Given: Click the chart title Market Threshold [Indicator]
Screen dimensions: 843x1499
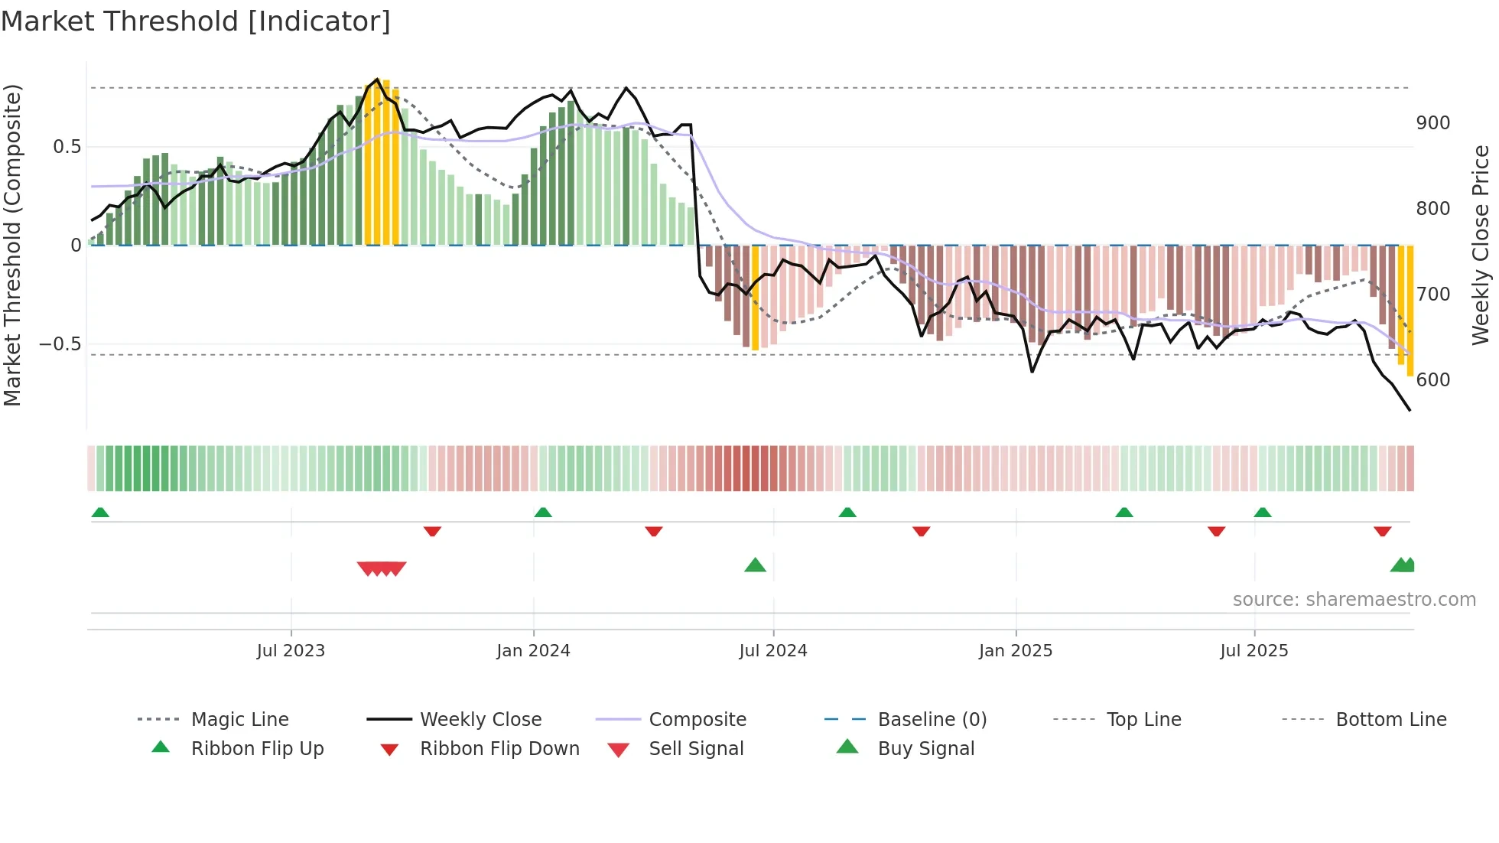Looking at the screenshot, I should (196, 21).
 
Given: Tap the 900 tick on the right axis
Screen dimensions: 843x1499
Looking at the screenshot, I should (1432, 123).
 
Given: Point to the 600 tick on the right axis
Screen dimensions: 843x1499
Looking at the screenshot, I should (1432, 380).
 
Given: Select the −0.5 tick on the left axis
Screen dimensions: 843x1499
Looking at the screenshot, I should (60, 344).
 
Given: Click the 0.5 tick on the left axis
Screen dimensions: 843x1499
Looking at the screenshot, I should (67, 147).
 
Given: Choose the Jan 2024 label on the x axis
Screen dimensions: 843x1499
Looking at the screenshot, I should (533, 651).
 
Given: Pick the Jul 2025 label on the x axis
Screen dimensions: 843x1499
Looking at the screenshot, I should (1254, 651).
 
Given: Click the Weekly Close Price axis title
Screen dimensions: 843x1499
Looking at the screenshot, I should (1481, 245).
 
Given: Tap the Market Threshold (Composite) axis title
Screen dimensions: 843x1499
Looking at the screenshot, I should (12, 245).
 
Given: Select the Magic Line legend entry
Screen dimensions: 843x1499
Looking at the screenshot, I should (239, 720).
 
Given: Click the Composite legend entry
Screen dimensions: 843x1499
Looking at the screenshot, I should (697, 720).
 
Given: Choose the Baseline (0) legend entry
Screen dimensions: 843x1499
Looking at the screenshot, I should (932, 720).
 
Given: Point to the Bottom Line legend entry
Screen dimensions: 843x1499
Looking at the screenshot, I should (1390, 720).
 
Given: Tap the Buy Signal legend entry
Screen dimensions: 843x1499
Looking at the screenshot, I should (925, 749).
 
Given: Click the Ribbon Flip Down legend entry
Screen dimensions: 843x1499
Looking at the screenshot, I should (499, 749).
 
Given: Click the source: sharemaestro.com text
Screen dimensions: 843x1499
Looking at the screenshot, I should (1354, 600).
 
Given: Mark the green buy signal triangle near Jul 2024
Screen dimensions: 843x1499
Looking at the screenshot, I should (755, 565).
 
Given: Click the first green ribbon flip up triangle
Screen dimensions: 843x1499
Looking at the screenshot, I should (100, 513).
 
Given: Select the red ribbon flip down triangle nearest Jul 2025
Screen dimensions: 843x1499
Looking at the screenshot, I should (1216, 531).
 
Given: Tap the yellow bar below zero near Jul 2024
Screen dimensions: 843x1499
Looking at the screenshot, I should (755, 298).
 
